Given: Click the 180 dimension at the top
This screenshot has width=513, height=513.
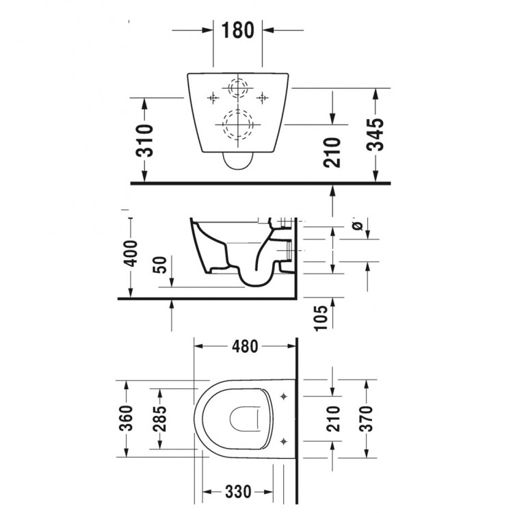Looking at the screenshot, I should point(238,30).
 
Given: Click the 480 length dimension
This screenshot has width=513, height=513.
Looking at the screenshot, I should point(244,347).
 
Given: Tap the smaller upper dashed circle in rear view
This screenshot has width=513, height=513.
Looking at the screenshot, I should point(237,89).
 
